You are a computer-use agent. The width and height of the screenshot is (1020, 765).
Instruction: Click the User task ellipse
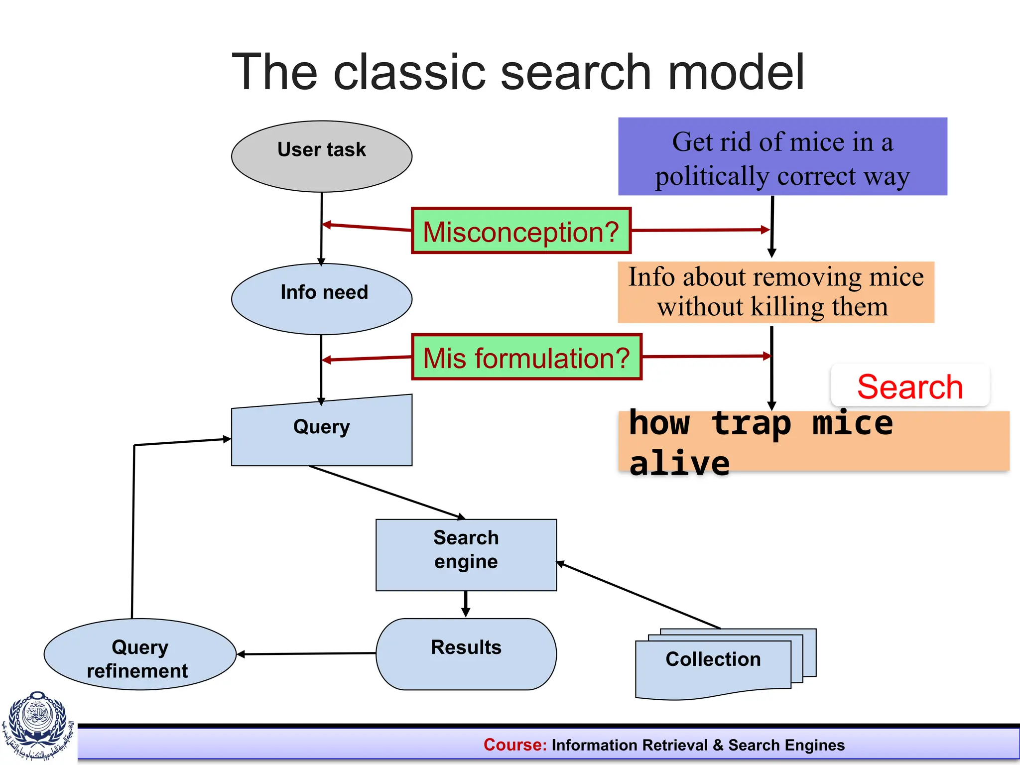(322, 156)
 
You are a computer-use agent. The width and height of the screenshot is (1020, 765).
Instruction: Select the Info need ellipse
(322, 299)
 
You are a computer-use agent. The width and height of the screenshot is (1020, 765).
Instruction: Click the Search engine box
(466, 555)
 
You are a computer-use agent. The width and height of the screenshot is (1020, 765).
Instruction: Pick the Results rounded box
(466, 654)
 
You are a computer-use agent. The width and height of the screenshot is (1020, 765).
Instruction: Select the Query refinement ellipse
(139, 654)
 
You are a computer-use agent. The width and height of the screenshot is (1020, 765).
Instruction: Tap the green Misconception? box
(521, 231)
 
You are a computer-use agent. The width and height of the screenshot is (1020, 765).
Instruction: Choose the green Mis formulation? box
(526, 357)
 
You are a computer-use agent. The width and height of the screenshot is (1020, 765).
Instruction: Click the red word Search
(910, 387)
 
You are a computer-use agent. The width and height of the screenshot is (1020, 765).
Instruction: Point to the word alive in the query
(679, 463)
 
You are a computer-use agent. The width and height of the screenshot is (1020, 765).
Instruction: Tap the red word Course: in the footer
(515, 745)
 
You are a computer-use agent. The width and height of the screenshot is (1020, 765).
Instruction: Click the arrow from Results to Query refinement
(306, 653)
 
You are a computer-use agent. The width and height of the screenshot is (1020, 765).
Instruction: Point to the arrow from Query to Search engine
(387, 492)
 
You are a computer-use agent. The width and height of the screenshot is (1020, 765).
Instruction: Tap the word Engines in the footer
(815, 745)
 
